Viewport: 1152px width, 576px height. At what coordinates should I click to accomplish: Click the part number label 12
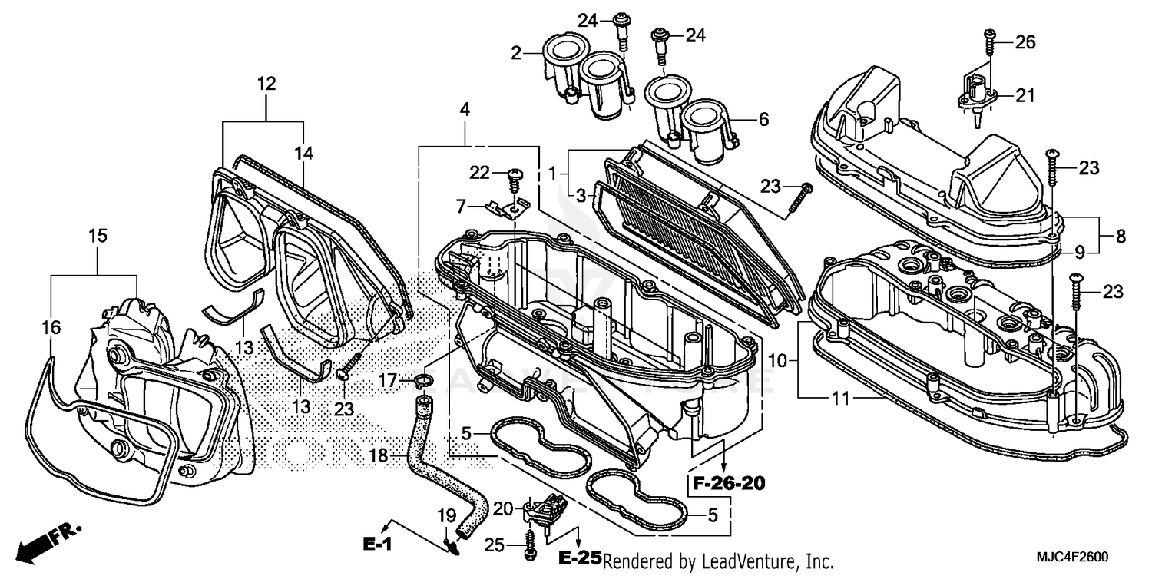[266, 84]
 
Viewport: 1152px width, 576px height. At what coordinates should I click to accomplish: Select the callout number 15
[98, 236]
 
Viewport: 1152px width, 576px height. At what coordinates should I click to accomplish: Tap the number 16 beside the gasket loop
[51, 328]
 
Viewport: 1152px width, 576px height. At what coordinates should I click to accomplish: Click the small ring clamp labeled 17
[422, 381]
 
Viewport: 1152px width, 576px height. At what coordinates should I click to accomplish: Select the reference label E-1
[378, 544]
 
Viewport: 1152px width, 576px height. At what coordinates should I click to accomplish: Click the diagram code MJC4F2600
[1078, 557]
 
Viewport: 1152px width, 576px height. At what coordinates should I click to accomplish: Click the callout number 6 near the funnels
[763, 119]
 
